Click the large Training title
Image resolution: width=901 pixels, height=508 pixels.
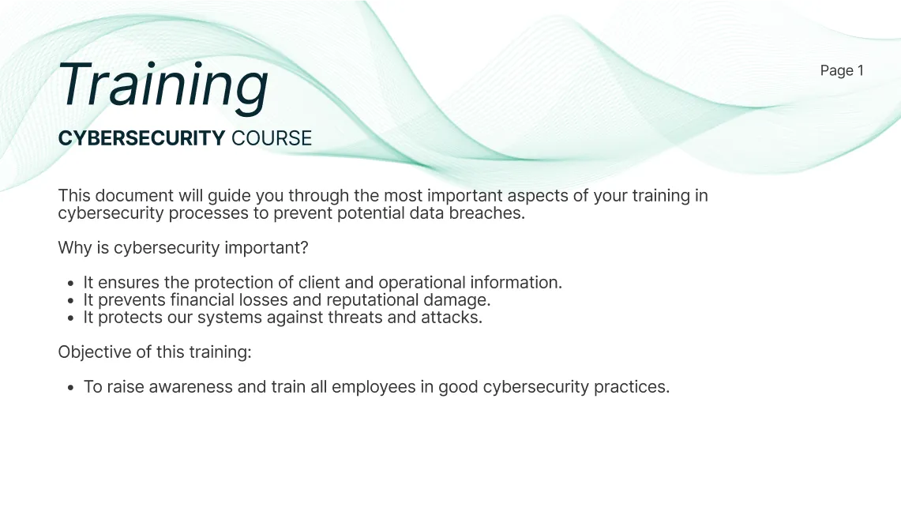163,85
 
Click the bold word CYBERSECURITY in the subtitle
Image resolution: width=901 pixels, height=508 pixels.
141,138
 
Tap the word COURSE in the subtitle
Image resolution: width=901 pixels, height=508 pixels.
272,138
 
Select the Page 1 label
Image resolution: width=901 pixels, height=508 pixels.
842,70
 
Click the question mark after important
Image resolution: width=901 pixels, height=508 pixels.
304,247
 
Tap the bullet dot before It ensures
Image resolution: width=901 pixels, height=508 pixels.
71,284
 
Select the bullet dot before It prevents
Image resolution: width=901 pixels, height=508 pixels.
71,301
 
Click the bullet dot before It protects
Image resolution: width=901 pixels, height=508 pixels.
71,318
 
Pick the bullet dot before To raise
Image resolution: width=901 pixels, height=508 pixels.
71,388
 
